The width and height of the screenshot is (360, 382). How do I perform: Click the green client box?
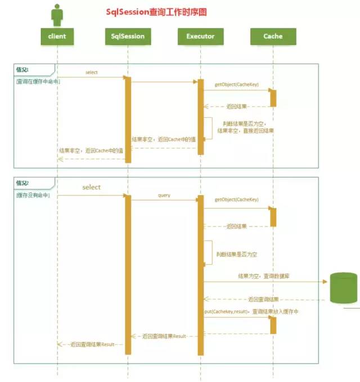[x=57, y=36]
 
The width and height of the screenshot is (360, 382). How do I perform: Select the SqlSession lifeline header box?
[x=128, y=36]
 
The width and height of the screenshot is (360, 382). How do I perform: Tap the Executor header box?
[x=200, y=36]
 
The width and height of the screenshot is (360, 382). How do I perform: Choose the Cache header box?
[x=273, y=36]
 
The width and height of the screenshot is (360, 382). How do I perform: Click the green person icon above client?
[x=57, y=15]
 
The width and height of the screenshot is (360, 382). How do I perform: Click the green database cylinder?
[x=343, y=287]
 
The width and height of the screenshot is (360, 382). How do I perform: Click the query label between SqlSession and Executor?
[x=164, y=196]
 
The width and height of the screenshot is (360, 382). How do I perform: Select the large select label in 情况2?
[x=92, y=187]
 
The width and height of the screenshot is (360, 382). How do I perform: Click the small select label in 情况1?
[x=92, y=73]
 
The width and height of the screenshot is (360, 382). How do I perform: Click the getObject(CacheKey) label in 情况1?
[x=236, y=85]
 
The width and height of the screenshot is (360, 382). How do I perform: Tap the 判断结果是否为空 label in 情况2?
[x=237, y=255]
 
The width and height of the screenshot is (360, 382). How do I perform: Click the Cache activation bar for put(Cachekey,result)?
[x=273, y=325]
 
